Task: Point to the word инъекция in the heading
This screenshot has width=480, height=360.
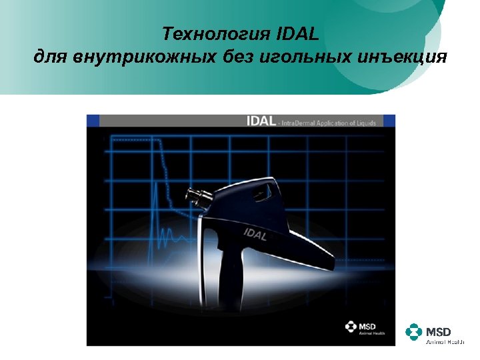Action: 404,57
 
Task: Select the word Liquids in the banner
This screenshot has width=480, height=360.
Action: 363,123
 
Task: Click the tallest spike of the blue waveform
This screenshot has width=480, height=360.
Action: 155,200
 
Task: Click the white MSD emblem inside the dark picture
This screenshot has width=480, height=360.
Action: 351,327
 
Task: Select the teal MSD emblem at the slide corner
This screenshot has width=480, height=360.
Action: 414,332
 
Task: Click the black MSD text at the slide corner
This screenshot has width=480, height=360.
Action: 439,331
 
